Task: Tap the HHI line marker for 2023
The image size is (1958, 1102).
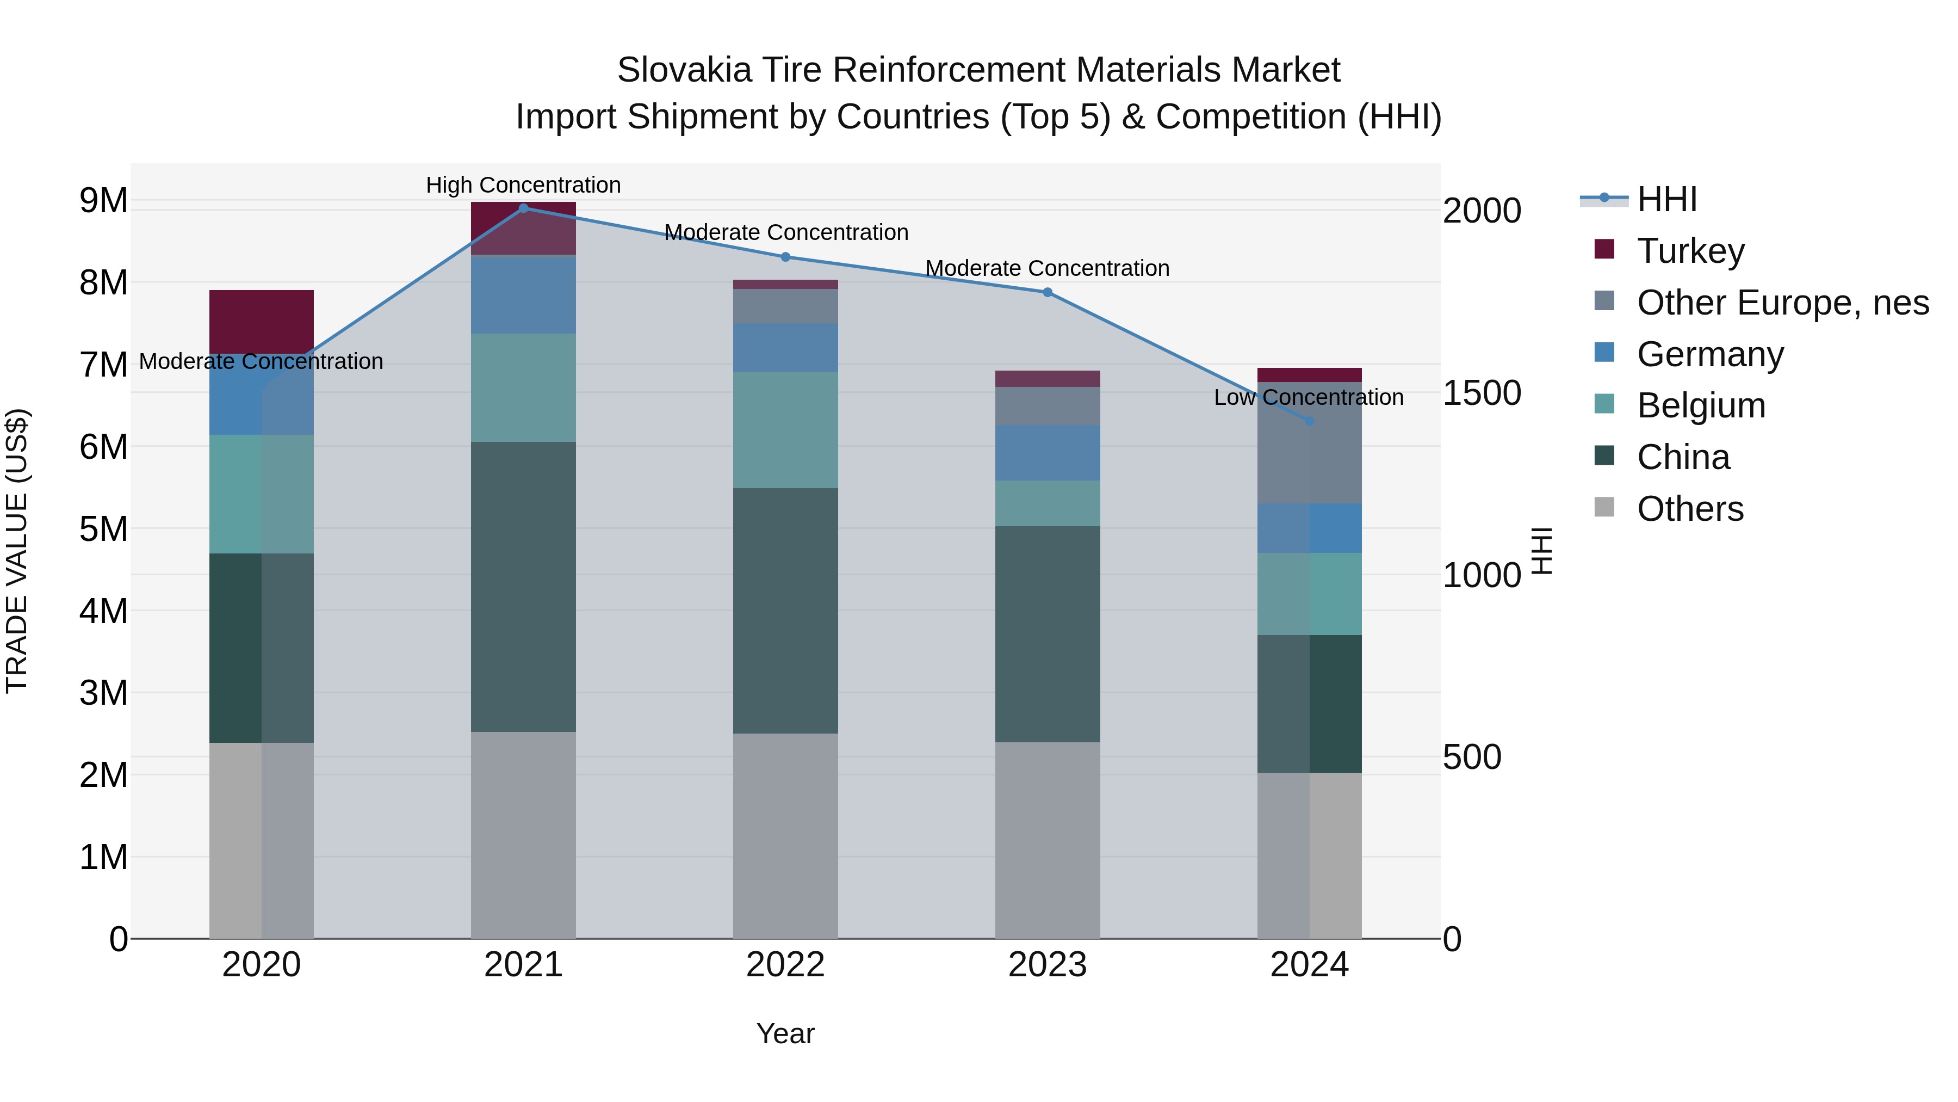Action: coord(1048,293)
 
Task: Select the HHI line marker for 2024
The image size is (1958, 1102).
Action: coord(1309,421)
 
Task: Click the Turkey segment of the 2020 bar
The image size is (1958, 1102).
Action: coord(262,322)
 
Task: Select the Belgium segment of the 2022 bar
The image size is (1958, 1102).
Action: coord(785,430)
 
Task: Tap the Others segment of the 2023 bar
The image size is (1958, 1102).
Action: coord(1048,840)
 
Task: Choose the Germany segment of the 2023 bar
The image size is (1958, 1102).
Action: coord(1048,453)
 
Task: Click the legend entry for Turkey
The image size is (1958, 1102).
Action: coord(1690,251)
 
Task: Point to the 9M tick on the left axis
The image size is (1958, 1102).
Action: coord(103,201)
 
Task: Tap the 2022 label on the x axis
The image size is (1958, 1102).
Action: coord(785,965)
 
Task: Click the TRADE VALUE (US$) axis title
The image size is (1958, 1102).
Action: coord(17,551)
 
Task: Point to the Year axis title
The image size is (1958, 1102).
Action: coord(785,1033)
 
